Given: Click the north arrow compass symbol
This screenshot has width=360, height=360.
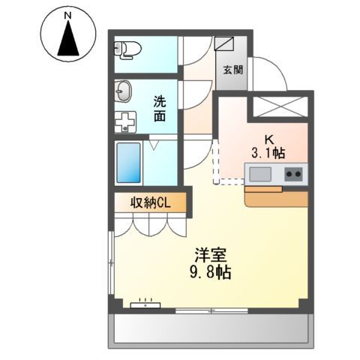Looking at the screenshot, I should click(x=69, y=38).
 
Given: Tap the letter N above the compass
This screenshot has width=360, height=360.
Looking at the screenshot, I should click(x=69, y=15).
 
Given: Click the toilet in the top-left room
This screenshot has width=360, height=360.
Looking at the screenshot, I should click(x=127, y=49).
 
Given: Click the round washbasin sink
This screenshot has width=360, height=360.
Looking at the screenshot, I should click(x=122, y=94).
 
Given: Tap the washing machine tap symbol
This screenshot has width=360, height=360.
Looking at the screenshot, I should click(x=124, y=121).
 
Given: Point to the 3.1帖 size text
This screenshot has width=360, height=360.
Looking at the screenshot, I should click(x=268, y=154).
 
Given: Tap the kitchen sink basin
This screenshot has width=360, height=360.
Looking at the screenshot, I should click(x=260, y=175).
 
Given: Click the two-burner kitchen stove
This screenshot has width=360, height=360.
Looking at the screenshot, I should click(x=293, y=175).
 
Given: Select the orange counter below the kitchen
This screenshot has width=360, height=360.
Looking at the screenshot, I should click(x=277, y=197).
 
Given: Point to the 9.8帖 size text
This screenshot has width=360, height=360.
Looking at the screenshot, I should click(x=211, y=273).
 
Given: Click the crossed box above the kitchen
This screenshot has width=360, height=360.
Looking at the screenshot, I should click(x=278, y=106).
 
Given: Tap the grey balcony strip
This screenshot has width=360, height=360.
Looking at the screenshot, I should click(x=210, y=330).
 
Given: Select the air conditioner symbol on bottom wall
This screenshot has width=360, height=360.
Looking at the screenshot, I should click(x=145, y=305).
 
